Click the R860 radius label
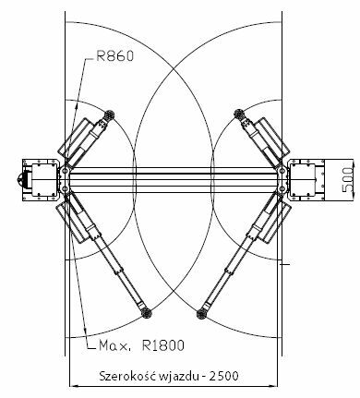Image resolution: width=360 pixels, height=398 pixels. tap(115, 56)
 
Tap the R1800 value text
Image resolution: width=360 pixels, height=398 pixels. tap(163, 345)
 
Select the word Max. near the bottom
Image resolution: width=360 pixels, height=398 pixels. tap(114, 346)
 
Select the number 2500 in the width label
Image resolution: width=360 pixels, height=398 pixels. tap(223, 376)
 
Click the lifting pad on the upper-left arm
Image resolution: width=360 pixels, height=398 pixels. tap(109, 115)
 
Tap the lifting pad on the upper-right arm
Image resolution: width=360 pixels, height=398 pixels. tap(238, 115)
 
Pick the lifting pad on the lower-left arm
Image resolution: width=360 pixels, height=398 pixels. tap(146, 313)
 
